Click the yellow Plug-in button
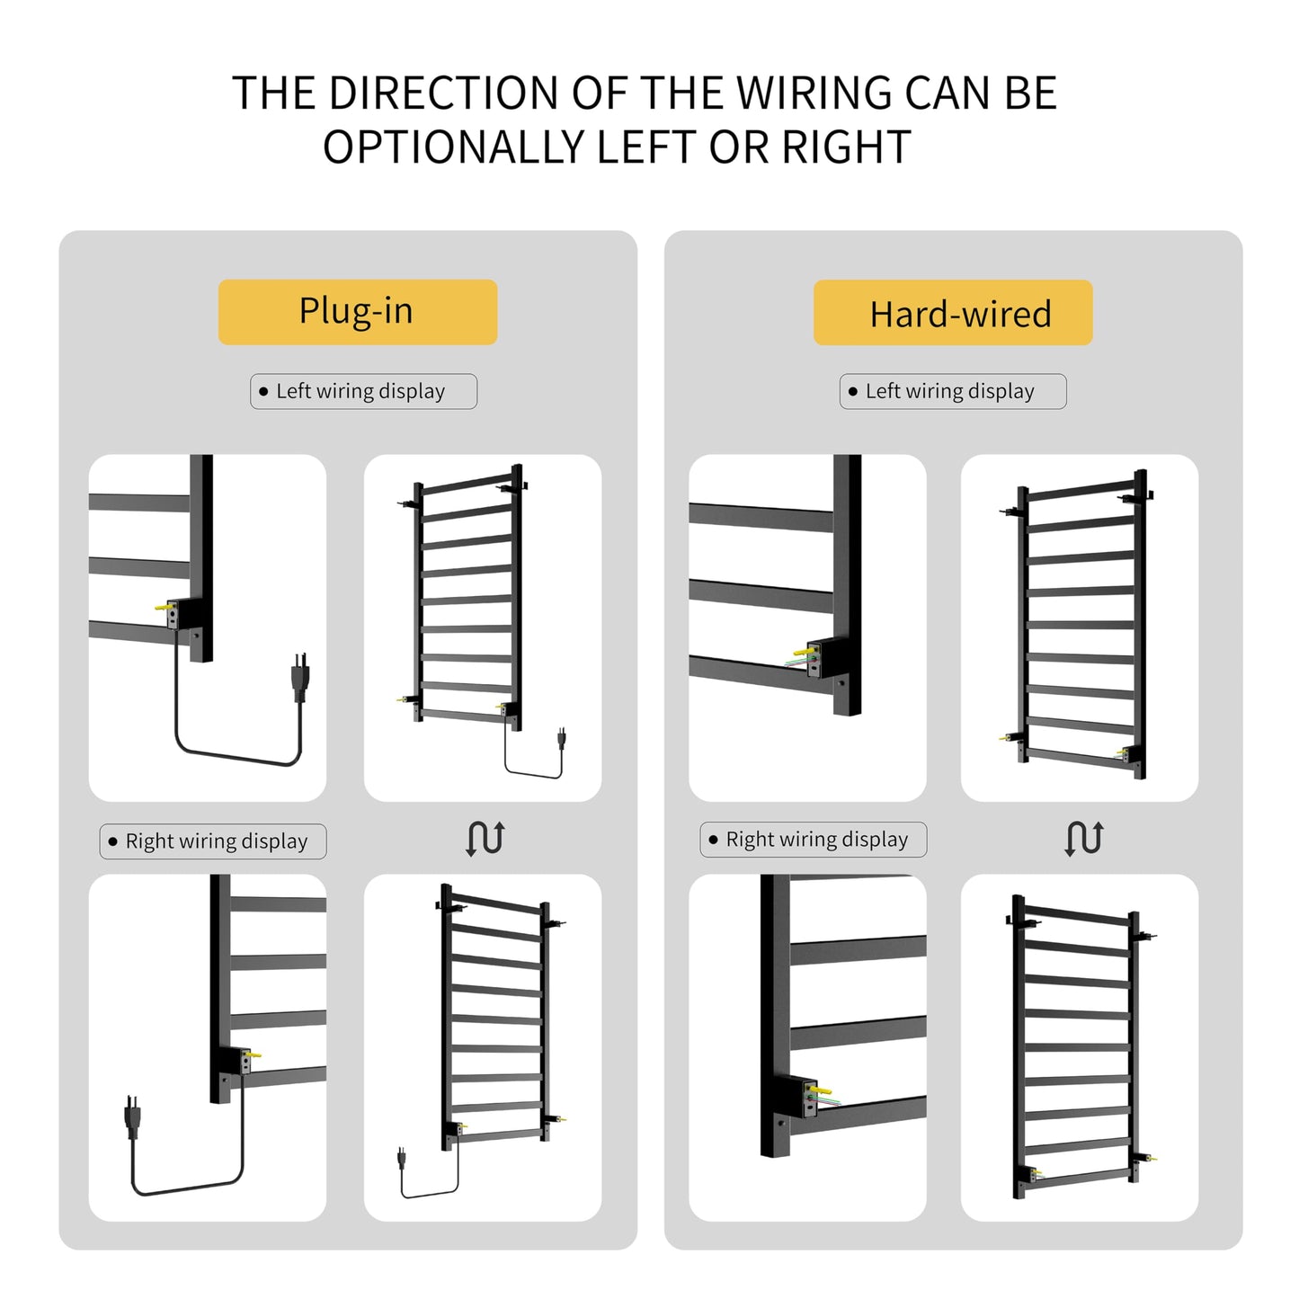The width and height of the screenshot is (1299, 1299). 357,312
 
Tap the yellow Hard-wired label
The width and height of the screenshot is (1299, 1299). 953,313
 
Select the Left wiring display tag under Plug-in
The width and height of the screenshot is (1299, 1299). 363,391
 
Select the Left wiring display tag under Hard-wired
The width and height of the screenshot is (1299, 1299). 953,391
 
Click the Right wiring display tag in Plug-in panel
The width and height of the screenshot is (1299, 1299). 213,841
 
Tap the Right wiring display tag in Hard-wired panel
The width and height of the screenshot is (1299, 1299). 813,840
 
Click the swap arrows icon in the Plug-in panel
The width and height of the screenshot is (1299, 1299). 485,839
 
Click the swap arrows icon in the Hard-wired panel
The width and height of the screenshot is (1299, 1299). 1084,839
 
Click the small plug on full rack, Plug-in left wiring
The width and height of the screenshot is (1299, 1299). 562,739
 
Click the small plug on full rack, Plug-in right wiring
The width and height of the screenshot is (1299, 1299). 402,1158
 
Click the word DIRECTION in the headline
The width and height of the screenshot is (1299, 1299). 443,93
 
